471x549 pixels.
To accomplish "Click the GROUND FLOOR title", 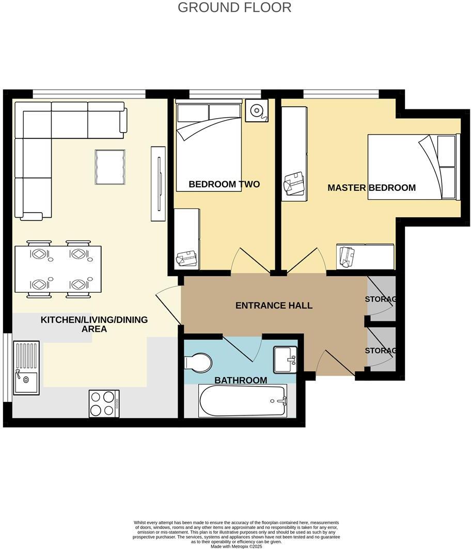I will pyautogui.click(x=234, y=8).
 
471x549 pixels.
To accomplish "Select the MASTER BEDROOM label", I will pyautogui.click(x=371, y=188).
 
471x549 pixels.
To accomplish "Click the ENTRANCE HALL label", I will pyautogui.click(x=274, y=305).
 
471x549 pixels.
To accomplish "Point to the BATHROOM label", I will pyautogui.click(x=241, y=380).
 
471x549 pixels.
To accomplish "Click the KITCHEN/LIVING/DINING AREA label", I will pyautogui.click(x=94, y=324).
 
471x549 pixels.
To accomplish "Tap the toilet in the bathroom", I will pyautogui.click(x=198, y=362).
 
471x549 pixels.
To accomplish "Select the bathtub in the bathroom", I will pyautogui.click(x=243, y=401).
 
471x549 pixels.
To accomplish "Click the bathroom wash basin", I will pyautogui.click(x=285, y=359).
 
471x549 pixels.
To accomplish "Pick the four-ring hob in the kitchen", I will pyautogui.click(x=104, y=403).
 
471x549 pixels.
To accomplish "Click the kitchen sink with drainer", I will pyautogui.click(x=26, y=367).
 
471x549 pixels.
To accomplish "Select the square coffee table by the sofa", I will pyautogui.click(x=110, y=167).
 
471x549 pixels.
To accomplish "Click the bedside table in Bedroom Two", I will pyautogui.click(x=256, y=110).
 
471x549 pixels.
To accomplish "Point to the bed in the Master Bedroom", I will pyautogui.click(x=413, y=167).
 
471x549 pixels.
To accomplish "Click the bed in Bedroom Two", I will pyautogui.click(x=209, y=147).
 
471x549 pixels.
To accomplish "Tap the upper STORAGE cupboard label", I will pyautogui.click(x=381, y=299).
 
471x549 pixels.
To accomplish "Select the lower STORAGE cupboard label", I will pyautogui.click(x=381, y=350).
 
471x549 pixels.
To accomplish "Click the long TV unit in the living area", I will pyautogui.click(x=158, y=184).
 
